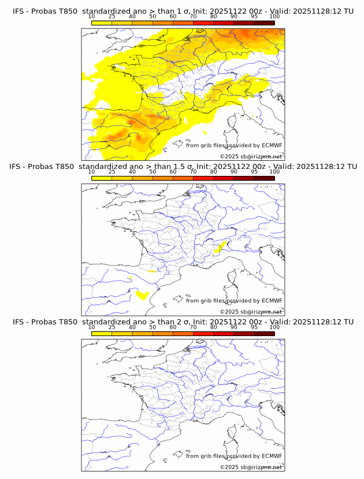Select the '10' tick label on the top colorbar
[91, 17]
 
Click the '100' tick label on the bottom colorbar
[274, 327]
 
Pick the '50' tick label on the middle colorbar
[153, 172]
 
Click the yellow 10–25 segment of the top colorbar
[102, 23]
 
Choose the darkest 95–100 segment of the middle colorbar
[265, 178]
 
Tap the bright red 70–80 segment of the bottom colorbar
[203, 334]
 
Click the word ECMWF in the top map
[272, 146]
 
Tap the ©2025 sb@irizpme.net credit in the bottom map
[251, 467]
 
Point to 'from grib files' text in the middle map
[206, 301]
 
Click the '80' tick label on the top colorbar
[214, 17]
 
